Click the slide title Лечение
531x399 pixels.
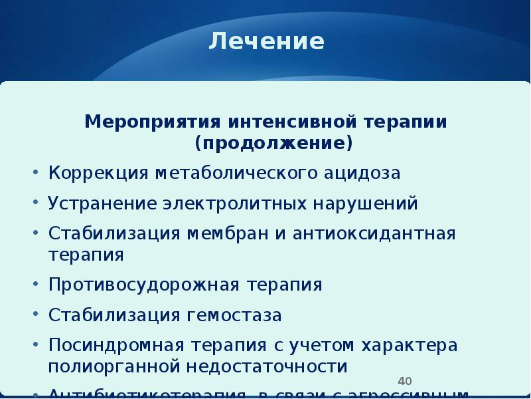[267, 42]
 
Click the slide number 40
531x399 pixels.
[405, 381]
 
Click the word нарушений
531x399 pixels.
[366, 203]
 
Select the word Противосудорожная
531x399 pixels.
[145, 285]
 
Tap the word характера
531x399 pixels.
[410, 346]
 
